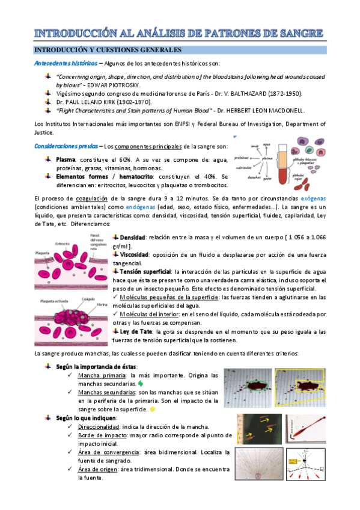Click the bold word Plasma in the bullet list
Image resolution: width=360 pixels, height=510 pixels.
click(66, 159)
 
